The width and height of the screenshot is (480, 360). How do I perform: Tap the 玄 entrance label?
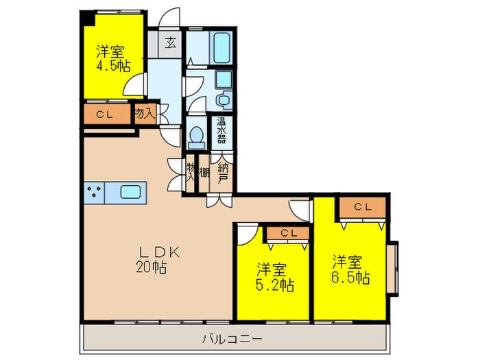click(x=171, y=43)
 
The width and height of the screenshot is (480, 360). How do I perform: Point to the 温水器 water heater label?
click(x=221, y=129)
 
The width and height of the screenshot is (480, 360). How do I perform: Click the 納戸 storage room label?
click(x=223, y=173)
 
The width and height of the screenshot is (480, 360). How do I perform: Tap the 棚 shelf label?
click(x=204, y=172)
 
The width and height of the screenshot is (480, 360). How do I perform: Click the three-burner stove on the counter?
click(x=95, y=193)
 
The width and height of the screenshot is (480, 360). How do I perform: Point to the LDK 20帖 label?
click(x=158, y=259)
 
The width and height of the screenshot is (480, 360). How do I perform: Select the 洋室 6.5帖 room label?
click(x=351, y=269)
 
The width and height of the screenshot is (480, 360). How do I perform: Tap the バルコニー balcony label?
click(x=231, y=337)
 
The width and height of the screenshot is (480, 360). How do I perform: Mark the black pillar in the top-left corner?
click(x=86, y=17)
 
